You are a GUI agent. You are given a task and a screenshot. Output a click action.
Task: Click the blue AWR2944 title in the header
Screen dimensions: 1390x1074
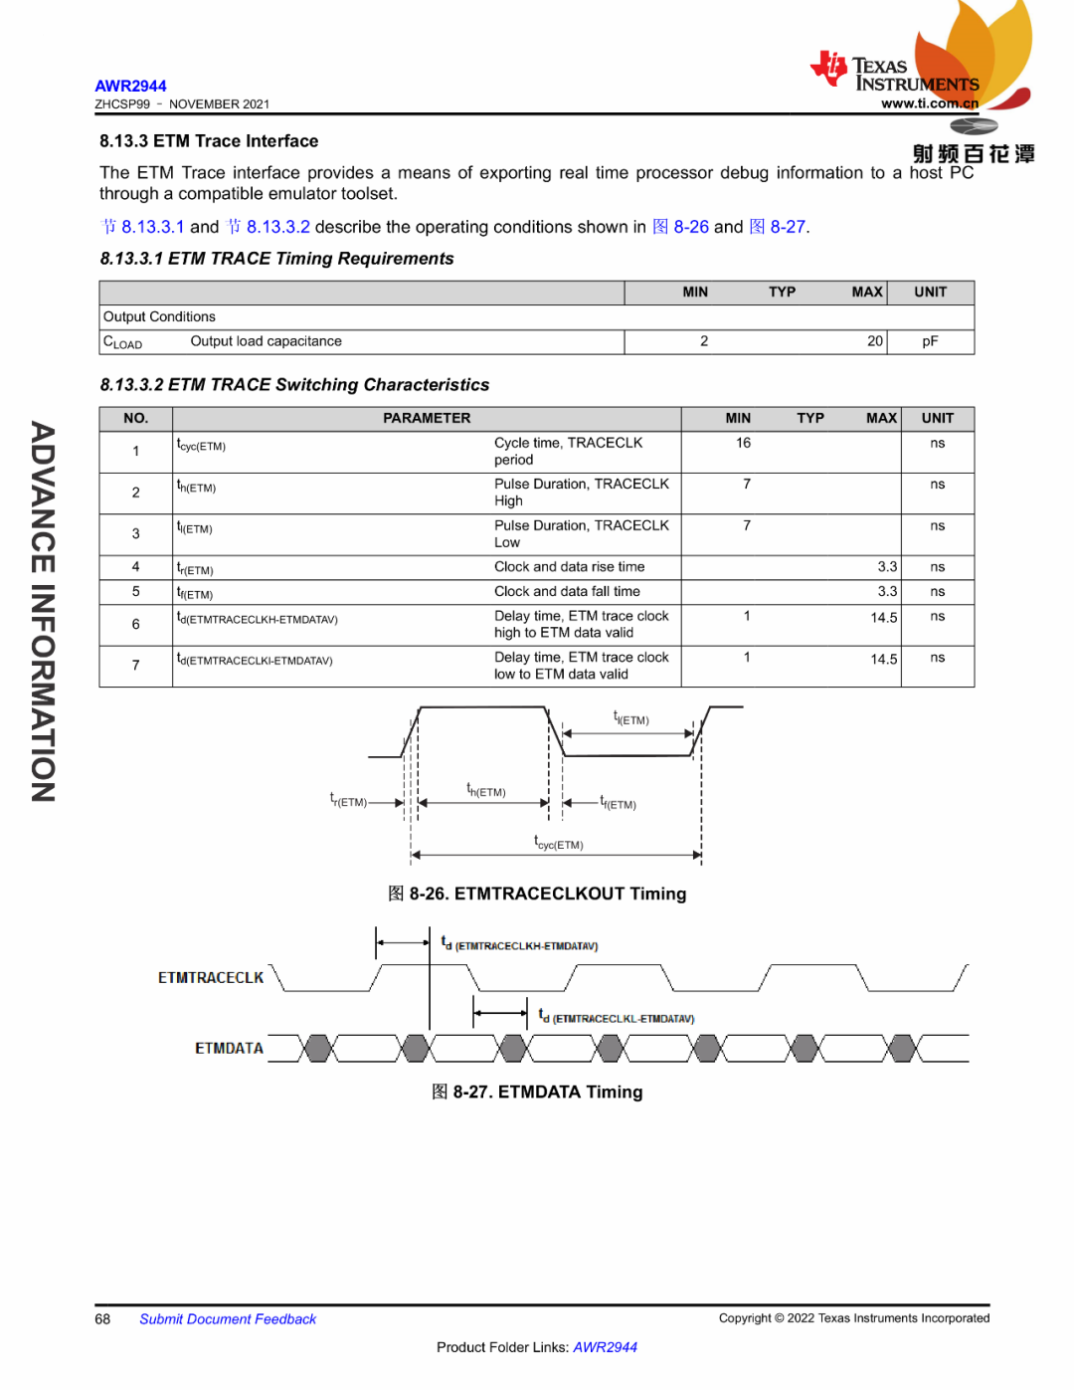pos(130,87)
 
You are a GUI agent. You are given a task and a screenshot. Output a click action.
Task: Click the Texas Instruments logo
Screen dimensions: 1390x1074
pos(894,74)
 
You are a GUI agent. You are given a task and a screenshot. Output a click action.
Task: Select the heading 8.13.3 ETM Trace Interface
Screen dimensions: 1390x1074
pos(209,141)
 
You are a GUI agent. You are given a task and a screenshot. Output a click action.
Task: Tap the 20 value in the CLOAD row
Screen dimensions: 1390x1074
pos(874,341)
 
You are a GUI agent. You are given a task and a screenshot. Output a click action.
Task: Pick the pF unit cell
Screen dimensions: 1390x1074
pos(930,341)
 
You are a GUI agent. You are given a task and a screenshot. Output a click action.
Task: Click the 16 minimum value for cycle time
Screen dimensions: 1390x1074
pos(743,444)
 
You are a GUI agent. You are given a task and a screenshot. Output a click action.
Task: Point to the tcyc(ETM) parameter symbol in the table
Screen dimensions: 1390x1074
pos(201,446)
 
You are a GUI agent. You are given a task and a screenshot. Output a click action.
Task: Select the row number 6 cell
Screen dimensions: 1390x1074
pos(136,625)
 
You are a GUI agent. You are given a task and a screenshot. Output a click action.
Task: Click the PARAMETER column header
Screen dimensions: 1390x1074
pos(427,419)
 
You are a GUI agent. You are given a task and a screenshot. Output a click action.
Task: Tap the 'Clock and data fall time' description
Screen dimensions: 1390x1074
pos(567,592)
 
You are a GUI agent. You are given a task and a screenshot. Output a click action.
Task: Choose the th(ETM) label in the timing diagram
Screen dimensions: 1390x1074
pos(486,791)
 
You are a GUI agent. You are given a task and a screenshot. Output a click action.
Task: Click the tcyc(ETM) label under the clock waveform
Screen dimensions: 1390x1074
pos(559,844)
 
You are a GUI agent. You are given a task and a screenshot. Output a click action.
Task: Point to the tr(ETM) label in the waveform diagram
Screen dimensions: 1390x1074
pos(349,801)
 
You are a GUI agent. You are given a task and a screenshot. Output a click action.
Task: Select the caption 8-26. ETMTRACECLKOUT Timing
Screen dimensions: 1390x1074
pos(537,894)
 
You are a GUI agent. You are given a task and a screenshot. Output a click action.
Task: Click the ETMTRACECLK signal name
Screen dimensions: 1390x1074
pos(211,978)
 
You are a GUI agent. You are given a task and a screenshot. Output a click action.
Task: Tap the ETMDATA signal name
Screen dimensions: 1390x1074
pos(229,1049)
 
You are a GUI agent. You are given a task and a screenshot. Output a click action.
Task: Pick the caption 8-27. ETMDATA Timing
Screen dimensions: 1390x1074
pos(537,1092)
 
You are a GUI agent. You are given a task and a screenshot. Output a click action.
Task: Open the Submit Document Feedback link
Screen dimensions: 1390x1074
pos(228,1319)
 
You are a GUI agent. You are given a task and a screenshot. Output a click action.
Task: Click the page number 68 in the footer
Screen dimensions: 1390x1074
pos(102,1319)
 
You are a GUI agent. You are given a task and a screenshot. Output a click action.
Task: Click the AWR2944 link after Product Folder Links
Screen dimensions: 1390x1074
pos(605,1347)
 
